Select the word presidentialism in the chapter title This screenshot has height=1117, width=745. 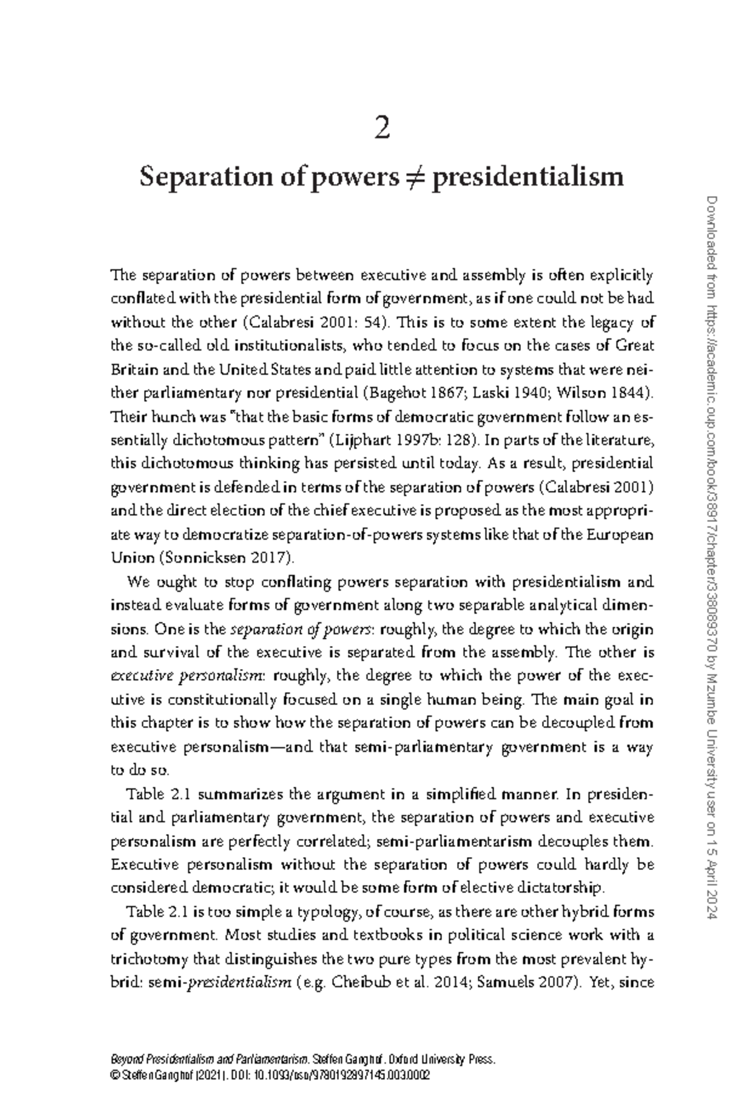[528, 177]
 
